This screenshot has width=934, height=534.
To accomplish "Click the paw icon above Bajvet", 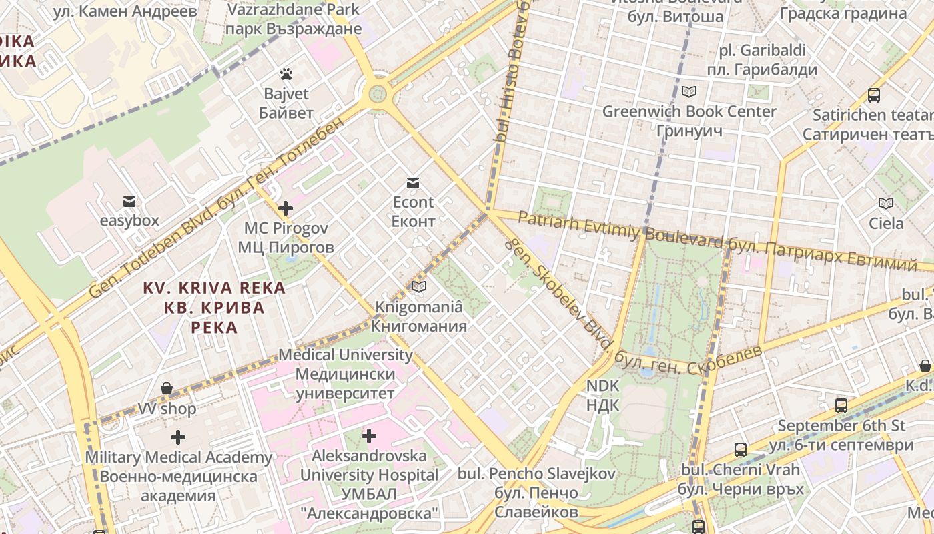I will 286,74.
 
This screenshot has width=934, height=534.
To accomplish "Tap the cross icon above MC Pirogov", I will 286,208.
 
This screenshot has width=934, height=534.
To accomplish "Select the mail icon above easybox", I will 129,201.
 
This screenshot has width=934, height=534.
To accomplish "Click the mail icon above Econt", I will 413,183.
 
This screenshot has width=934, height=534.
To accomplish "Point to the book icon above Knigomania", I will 419,287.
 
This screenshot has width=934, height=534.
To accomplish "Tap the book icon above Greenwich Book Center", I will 689,91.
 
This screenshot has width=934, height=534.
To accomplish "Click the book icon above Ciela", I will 886,204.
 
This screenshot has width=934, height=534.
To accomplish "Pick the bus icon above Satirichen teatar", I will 874,95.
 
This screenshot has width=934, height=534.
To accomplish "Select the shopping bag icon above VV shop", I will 167,388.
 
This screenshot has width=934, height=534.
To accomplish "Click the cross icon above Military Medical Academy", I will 178,438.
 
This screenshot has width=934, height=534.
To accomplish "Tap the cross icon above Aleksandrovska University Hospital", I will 369,437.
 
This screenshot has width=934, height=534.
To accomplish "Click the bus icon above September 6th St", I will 841,405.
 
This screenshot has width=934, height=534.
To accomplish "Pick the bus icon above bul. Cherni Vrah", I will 741,450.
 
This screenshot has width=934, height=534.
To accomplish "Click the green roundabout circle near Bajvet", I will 378,91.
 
